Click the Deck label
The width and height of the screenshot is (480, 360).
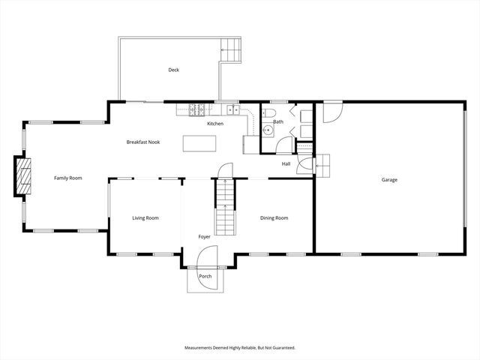tap(173, 70)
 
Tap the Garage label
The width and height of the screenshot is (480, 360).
tap(389, 180)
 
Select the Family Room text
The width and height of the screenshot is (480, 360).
tap(67, 178)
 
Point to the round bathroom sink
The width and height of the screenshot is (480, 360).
tap(268, 130)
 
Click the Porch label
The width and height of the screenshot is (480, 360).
tap(205, 276)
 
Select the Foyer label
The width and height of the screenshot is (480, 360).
tap(204, 236)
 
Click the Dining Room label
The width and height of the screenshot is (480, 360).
tap(274, 218)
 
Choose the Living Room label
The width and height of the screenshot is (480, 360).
tap(145, 218)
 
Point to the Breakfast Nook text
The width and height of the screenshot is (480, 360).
tap(142, 142)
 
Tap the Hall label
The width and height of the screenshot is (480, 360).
tap(286, 163)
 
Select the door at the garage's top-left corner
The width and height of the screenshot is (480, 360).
tap(331, 112)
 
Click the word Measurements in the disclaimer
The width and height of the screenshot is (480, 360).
tap(202, 348)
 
